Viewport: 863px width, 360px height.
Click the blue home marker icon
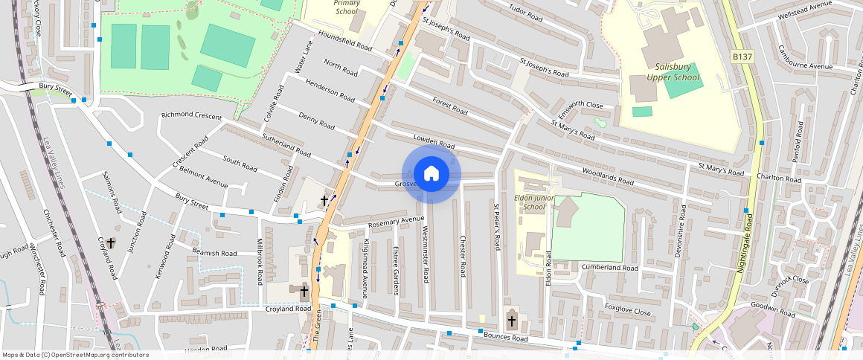click(431, 174)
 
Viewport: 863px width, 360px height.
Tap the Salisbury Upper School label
click(668, 71)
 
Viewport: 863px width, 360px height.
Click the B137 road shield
click(741, 56)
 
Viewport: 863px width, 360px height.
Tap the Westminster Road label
click(426, 254)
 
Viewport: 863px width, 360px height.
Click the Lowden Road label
click(434, 142)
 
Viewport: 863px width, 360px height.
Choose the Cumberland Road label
click(610, 267)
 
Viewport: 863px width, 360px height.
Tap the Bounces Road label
click(505, 338)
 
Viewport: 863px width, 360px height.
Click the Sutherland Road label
click(286, 145)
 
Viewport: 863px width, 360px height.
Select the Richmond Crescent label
click(191, 116)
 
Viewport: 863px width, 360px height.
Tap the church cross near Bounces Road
click(511, 321)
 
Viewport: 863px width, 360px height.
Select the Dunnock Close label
click(790, 280)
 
